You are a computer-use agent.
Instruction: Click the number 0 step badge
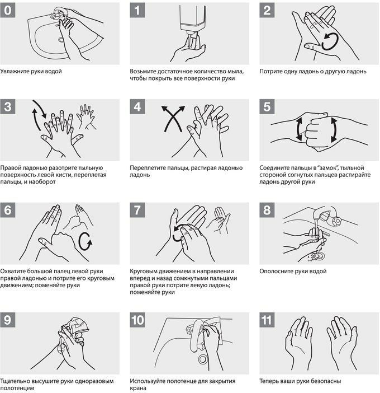tap(7, 10)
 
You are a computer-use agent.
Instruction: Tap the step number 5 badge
tap(267, 106)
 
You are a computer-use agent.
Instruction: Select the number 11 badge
tap(267, 320)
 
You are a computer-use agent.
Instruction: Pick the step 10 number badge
tap(137, 320)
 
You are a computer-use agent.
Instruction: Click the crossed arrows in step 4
tap(173, 119)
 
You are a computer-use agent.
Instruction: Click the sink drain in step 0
tap(61, 40)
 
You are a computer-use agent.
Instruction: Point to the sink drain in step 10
tap(203, 359)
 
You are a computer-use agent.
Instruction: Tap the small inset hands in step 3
tap(87, 117)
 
